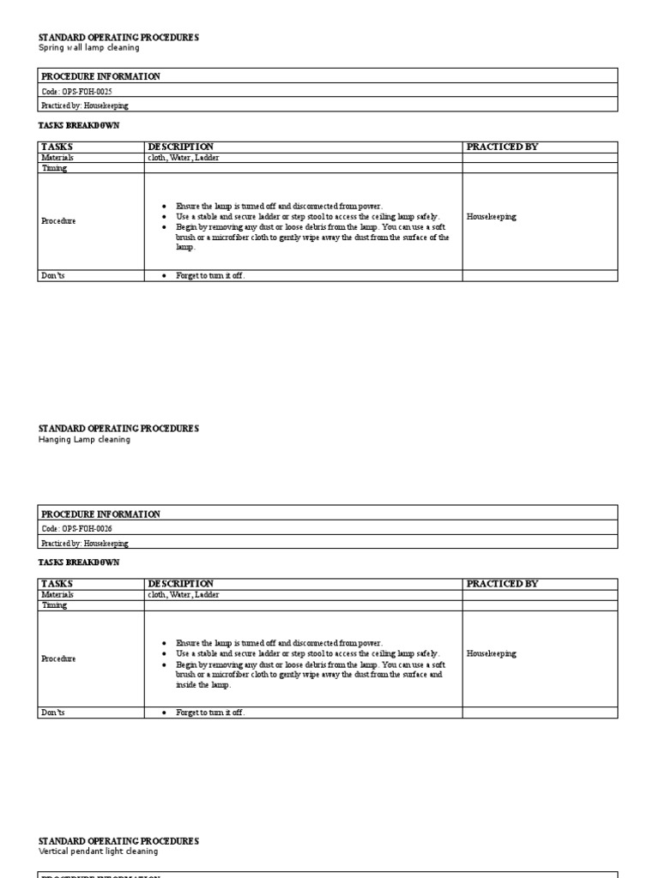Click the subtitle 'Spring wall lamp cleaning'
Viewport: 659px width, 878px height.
[x=89, y=48]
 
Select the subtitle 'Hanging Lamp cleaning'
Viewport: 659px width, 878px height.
[x=84, y=439]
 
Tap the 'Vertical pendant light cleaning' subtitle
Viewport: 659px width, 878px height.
[x=98, y=851]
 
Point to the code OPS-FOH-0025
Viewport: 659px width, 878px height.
[x=76, y=91]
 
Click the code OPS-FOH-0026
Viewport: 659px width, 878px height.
[x=76, y=529]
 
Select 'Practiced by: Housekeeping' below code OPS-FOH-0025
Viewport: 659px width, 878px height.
[x=85, y=105]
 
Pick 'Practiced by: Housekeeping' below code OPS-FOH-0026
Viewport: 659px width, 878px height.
[x=85, y=543]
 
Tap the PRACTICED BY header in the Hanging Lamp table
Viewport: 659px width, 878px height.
[x=502, y=584]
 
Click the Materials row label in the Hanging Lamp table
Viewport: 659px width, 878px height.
[x=57, y=594]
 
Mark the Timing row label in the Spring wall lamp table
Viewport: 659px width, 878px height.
[x=54, y=168]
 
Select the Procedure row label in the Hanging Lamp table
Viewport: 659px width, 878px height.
[x=58, y=658]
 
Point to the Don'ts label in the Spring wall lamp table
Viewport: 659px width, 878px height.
[x=53, y=275]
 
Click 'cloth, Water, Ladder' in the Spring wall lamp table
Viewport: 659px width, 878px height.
[x=183, y=158]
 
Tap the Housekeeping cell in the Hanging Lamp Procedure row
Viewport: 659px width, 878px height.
[x=492, y=653]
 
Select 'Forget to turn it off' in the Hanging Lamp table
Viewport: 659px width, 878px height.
[x=210, y=713]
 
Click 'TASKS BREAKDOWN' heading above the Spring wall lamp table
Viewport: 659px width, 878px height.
[x=78, y=125]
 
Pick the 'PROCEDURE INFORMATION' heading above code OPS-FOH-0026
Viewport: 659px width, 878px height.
[x=100, y=514]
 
